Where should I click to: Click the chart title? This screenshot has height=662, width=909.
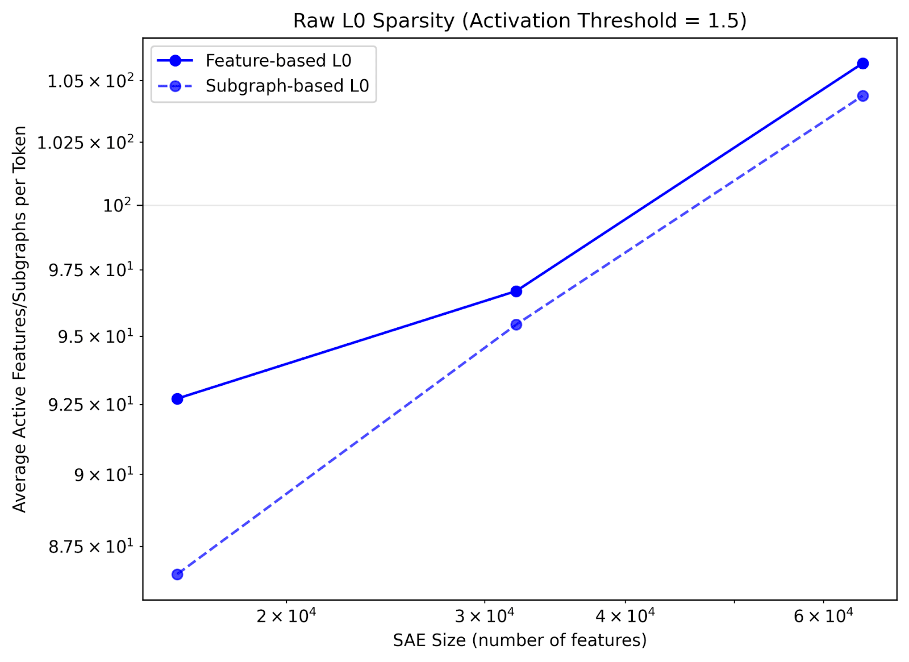[x=519, y=20]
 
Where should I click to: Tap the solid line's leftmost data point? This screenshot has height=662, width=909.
[x=177, y=399]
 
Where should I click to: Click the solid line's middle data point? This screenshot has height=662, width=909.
[x=516, y=292]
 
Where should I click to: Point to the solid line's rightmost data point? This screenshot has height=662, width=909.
[x=862, y=63]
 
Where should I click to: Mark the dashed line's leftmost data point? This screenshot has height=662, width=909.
[x=177, y=574]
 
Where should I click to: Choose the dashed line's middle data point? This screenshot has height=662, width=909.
[x=516, y=324]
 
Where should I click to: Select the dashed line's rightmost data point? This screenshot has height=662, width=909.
[x=862, y=96]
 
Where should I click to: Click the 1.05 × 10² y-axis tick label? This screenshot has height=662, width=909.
[x=90, y=81]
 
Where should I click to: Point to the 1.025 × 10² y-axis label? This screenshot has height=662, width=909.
[x=85, y=142]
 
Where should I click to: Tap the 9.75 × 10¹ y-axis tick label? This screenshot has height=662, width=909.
[x=90, y=270]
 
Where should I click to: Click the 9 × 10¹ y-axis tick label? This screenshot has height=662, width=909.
[x=104, y=474]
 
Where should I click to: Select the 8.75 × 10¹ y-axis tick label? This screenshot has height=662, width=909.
[x=90, y=547]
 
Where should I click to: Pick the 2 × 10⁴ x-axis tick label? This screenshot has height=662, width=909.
[x=286, y=615]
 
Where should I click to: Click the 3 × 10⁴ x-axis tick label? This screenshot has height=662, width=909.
[x=485, y=615]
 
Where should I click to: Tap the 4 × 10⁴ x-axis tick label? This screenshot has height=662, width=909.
[x=625, y=615]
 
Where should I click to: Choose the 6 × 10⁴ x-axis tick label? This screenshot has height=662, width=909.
[x=823, y=615]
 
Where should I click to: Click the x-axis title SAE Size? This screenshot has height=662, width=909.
[x=519, y=640]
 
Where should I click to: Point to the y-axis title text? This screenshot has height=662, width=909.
[x=19, y=319]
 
